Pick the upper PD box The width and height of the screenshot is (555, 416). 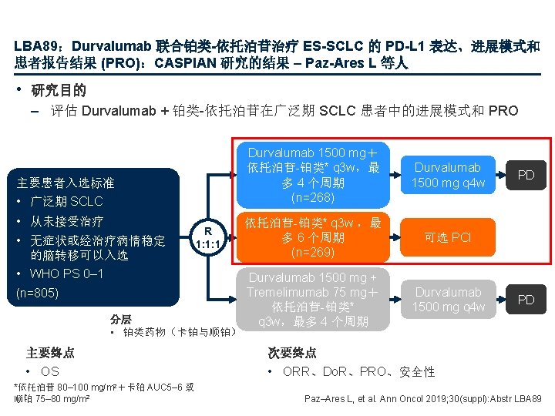pyautogui.click(x=526, y=175)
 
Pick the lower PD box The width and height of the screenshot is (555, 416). pyautogui.click(x=526, y=299)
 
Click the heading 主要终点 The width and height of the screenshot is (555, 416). pyautogui.click(x=50, y=353)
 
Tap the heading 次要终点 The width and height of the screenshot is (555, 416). pyautogui.click(x=292, y=353)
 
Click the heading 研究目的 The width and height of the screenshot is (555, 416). pyautogui.click(x=59, y=91)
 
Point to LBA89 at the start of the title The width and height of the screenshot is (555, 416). pyautogui.click(x=32, y=46)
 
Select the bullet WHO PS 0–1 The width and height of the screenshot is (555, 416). pyautogui.click(x=66, y=273)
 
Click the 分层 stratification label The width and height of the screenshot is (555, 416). pyautogui.click(x=120, y=318)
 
